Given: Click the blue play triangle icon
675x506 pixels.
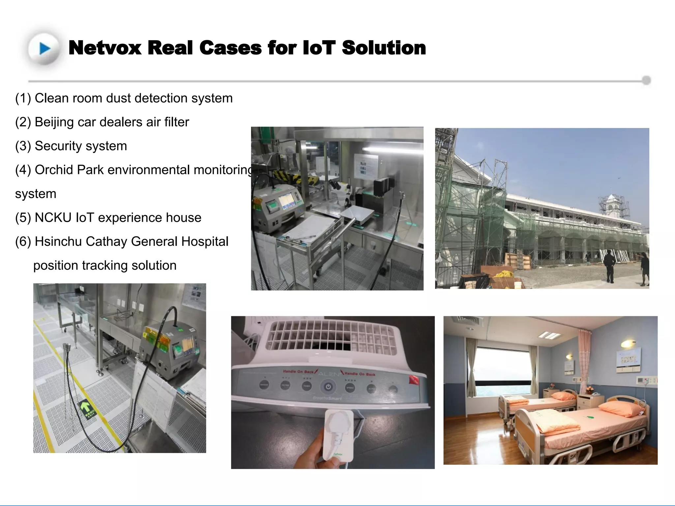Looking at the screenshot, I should click(x=45, y=49).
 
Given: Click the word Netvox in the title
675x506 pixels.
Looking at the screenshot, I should click(x=105, y=48).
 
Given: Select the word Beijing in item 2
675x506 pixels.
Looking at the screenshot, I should click(x=54, y=122).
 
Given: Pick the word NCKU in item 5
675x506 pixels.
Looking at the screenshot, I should click(x=53, y=218).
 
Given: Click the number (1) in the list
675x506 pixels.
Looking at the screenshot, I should click(x=23, y=98).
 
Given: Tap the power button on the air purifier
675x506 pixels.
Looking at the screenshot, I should click(x=328, y=387).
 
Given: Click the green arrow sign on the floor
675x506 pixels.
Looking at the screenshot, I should click(x=86, y=407).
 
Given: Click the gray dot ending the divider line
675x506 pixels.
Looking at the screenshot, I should click(x=646, y=80).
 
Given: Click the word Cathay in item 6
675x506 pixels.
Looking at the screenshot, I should click(x=106, y=241).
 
